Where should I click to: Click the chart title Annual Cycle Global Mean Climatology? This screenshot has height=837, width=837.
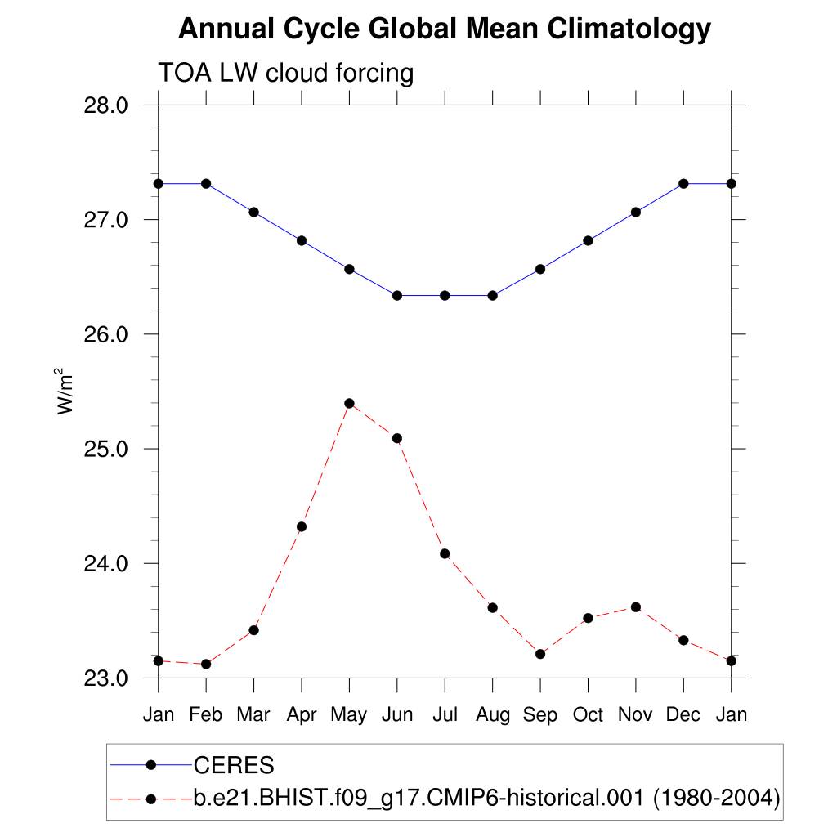coord(444,29)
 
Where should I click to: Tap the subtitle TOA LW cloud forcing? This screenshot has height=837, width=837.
coord(285,73)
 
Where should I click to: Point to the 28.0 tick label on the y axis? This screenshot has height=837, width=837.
coord(106,105)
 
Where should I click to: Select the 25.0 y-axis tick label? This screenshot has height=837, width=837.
coord(106,450)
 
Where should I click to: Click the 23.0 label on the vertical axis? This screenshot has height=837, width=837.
coord(106,678)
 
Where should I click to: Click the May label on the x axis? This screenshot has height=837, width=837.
coord(349,715)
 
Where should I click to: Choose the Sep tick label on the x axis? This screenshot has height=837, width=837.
coord(540,715)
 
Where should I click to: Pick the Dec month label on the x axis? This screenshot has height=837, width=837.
coord(683,715)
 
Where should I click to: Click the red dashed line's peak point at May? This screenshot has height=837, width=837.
coord(349,403)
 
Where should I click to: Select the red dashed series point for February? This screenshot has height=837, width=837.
coord(206,664)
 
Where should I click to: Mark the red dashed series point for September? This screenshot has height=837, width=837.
coord(540,654)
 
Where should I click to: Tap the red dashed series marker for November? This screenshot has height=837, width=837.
coord(635,606)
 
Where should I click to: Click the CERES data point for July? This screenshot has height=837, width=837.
coord(445,295)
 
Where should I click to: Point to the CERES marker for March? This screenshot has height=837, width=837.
coord(253,212)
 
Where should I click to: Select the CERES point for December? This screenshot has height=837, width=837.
coord(683,183)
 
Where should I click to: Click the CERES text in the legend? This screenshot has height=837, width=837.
coord(233,766)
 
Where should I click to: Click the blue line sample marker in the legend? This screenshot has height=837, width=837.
coord(150,765)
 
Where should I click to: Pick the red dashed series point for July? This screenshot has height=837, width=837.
coord(445,553)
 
